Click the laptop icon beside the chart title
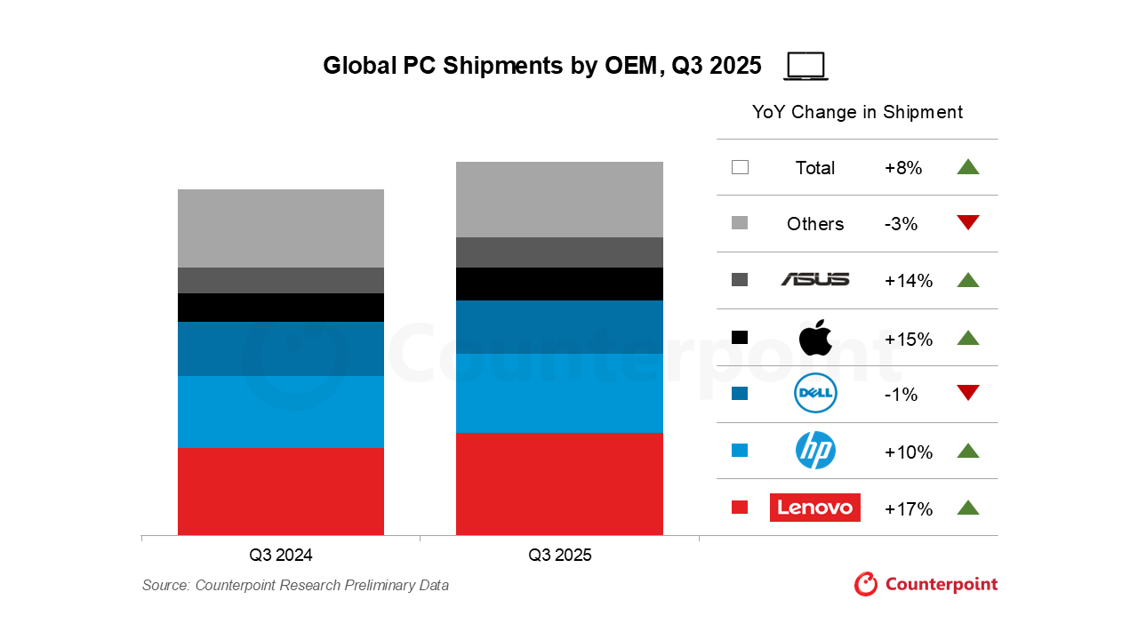point(805,67)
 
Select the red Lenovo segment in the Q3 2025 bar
point(559,484)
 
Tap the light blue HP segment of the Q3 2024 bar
point(281,412)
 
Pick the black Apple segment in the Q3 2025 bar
point(559,284)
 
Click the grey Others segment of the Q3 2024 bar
point(281,228)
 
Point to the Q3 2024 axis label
point(281,556)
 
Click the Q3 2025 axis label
point(559,556)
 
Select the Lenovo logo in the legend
point(814,508)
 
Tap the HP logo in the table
point(814,451)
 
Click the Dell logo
point(814,394)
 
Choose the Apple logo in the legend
point(814,338)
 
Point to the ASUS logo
point(814,280)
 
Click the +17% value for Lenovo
point(908,509)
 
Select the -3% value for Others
point(901,224)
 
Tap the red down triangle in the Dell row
point(967,393)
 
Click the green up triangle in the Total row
point(967,166)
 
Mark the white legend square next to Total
point(740,167)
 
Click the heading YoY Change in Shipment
point(857,112)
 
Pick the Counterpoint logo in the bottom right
point(926,584)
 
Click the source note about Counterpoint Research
point(295,585)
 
